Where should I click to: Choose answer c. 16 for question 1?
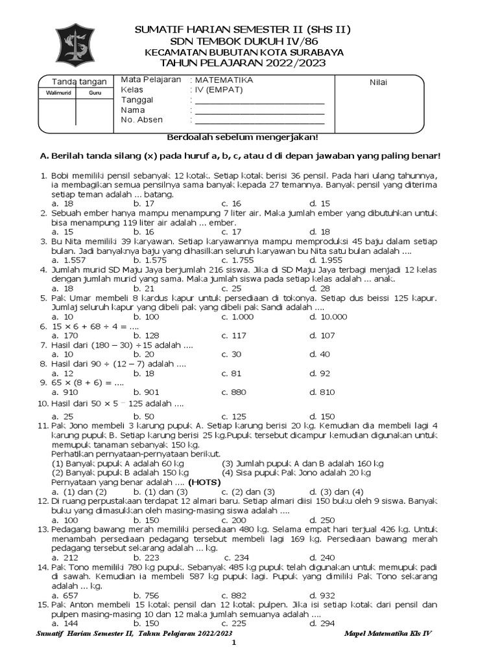(x=231, y=203)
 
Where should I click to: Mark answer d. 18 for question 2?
(x=319, y=231)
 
